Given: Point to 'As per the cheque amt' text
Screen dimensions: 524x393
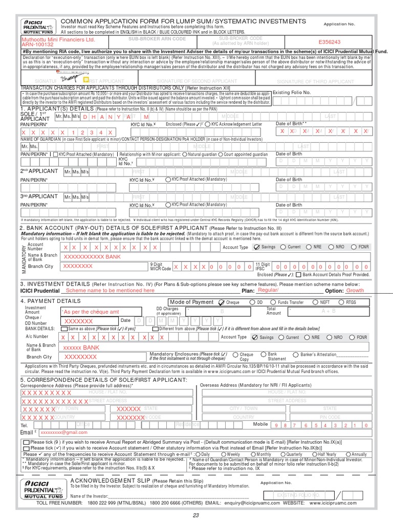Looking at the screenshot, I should coord(90,312).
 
